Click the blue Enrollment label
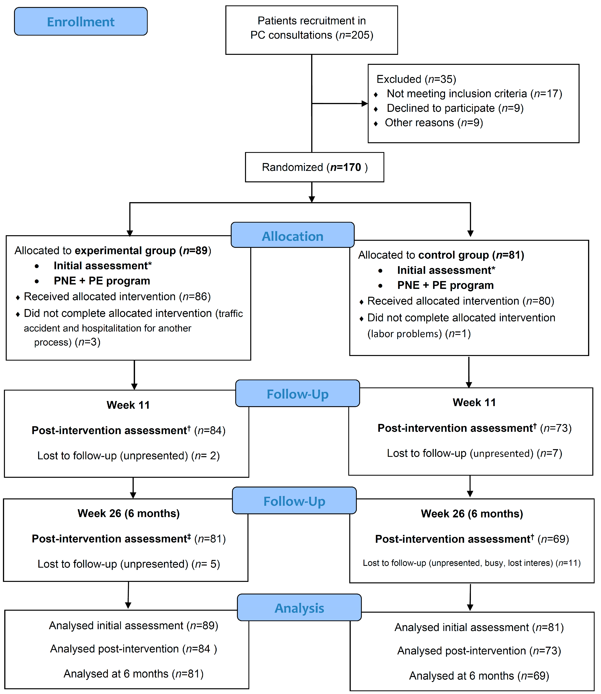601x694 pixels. click(x=81, y=21)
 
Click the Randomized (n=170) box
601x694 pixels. click(x=315, y=167)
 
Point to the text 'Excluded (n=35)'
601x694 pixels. click(x=416, y=79)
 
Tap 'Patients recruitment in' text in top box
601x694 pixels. click(x=312, y=21)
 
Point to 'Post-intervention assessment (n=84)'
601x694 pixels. click(x=128, y=430)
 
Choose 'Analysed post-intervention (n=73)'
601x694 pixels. click(x=479, y=651)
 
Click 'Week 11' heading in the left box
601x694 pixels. click(x=128, y=405)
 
